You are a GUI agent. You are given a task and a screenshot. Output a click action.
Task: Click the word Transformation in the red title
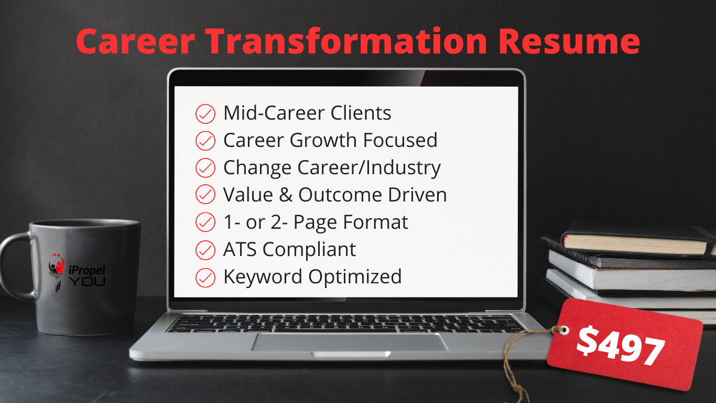[x=347, y=41]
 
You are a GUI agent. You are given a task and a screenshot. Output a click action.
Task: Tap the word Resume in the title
[x=569, y=41]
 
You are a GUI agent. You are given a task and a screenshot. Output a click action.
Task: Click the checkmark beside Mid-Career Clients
[x=205, y=114]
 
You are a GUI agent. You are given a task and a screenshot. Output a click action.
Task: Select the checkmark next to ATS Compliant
[x=205, y=250]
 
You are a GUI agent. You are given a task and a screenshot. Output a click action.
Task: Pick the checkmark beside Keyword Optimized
[x=205, y=278]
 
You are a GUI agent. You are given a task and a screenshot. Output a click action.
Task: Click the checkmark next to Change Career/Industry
[x=205, y=168]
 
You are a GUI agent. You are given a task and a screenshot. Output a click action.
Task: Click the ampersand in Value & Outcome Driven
[x=286, y=195]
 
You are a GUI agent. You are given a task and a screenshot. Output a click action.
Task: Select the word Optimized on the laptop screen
[x=355, y=277]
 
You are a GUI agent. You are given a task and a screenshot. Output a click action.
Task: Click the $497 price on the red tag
[x=621, y=346]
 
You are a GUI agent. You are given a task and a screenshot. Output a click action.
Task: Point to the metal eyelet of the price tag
[x=563, y=331]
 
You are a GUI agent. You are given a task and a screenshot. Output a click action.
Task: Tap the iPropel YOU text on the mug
[x=86, y=275]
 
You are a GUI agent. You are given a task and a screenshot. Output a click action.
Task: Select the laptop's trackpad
[x=350, y=342]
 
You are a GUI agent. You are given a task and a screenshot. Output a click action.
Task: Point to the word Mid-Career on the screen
[x=275, y=113]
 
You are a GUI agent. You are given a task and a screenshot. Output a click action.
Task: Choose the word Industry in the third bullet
[x=404, y=168]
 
